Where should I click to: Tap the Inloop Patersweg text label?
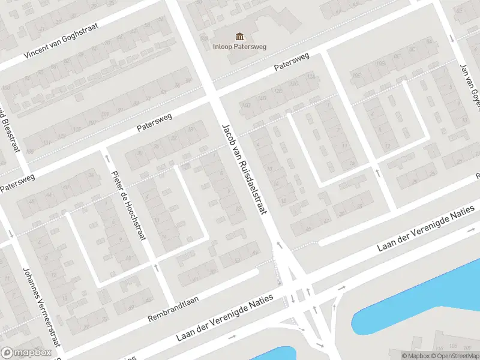click(240, 46)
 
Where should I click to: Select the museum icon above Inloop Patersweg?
click(240, 37)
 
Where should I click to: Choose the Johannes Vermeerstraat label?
click(41, 307)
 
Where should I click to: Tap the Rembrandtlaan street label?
click(174, 307)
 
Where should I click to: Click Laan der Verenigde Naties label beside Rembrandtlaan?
click(224, 318)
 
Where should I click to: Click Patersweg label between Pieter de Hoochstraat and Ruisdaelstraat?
click(154, 122)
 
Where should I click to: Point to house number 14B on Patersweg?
click(262, 99)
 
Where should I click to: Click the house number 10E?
click(356, 76)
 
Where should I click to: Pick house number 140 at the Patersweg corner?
click(245, 106)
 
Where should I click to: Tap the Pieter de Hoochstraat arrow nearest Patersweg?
click(107, 158)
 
